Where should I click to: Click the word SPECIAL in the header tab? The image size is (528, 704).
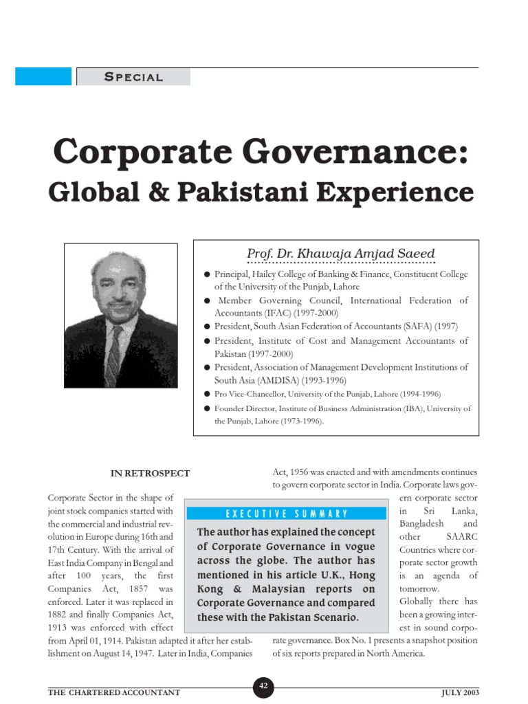point(133,77)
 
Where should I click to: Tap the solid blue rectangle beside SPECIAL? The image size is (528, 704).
point(43,76)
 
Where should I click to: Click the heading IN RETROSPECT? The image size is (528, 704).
point(151,473)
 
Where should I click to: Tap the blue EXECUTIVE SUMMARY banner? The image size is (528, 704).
point(286,514)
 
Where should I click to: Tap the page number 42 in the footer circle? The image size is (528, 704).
point(264,685)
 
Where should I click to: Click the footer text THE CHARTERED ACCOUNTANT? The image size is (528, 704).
point(114,692)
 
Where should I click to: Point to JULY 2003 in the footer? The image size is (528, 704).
point(460,692)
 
